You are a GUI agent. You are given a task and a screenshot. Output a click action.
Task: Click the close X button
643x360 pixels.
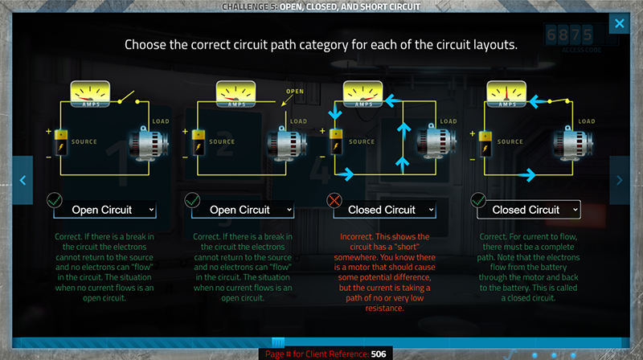coord(619,23)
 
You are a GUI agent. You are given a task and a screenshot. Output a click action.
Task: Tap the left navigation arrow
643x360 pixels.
coord(23,181)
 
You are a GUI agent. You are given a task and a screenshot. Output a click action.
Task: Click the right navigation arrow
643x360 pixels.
coord(620,181)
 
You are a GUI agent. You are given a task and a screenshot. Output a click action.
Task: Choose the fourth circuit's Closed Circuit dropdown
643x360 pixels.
coord(528,210)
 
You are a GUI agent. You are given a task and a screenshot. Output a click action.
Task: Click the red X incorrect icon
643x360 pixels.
coord(333,200)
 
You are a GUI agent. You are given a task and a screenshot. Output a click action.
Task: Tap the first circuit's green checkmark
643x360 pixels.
coord(55,200)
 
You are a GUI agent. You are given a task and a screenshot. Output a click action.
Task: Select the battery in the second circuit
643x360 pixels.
coord(196,146)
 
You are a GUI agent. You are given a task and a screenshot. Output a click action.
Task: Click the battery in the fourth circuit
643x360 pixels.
coord(486,146)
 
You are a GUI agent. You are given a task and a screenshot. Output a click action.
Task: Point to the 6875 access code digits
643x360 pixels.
coord(571,35)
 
